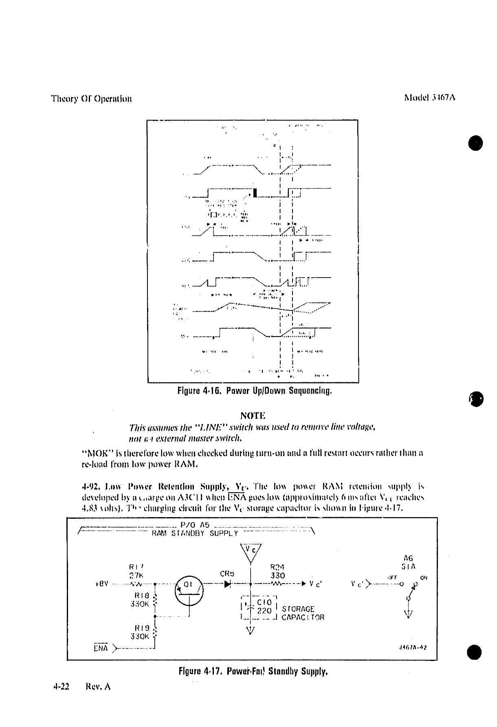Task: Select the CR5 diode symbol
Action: [227, 584]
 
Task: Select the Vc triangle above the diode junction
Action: [251, 553]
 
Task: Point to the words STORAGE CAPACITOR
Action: [303, 613]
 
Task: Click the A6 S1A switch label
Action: [408, 562]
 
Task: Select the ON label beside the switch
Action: [424, 577]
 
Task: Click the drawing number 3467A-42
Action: [414, 647]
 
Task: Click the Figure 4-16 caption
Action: [255, 392]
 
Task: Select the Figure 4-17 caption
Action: [253, 671]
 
